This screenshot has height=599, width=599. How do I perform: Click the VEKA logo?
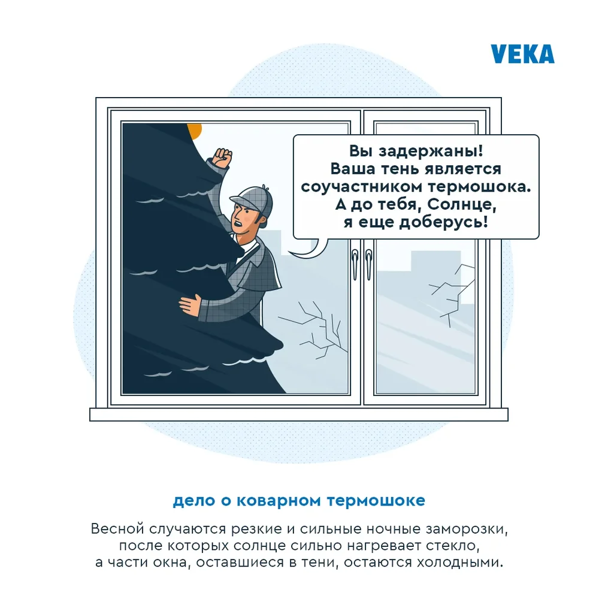[522, 53]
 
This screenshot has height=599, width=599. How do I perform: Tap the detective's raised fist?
[220, 159]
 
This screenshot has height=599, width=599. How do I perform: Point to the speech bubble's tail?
[311, 247]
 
